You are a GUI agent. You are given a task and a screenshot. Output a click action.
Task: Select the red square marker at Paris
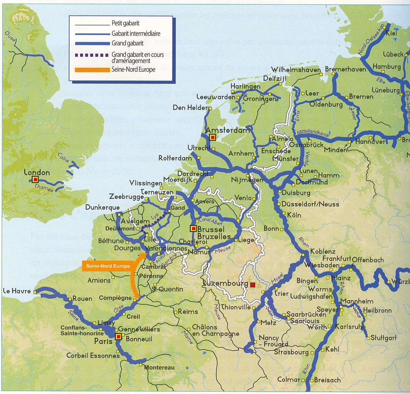pyautogui.click(x=118, y=337)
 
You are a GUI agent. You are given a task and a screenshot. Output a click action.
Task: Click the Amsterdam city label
pyautogui.click(x=228, y=130)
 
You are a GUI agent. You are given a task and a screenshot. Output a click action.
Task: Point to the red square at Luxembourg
pyautogui.click(x=253, y=285)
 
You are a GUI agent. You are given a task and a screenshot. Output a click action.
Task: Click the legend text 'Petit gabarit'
pyautogui.click(x=125, y=23)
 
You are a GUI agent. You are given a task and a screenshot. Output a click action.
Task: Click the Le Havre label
pyautogui.click(x=17, y=291)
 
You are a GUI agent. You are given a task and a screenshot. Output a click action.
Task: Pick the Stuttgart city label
pyautogui.click(x=384, y=338)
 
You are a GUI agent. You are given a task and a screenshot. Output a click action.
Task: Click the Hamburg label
pyautogui.click(x=387, y=66)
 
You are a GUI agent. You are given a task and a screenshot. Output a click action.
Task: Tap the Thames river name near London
pyautogui.click(x=44, y=189)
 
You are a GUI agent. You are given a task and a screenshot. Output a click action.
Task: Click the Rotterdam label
pyautogui.click(x=175, y=158)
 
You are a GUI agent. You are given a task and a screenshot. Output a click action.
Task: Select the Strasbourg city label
pyautogui.click(x=291, y=352)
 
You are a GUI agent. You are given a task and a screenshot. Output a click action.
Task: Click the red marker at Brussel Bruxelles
pyautogui.click(x=193, y=228)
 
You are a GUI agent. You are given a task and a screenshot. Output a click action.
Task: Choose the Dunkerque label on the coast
pyautogui.click(x=102, y=207)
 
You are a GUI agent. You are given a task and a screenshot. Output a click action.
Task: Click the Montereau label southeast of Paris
pyautogui.click(x=159, y=368)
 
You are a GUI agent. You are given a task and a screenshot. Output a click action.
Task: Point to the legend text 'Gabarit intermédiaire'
pyautogui.click(x=136, y=34)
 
